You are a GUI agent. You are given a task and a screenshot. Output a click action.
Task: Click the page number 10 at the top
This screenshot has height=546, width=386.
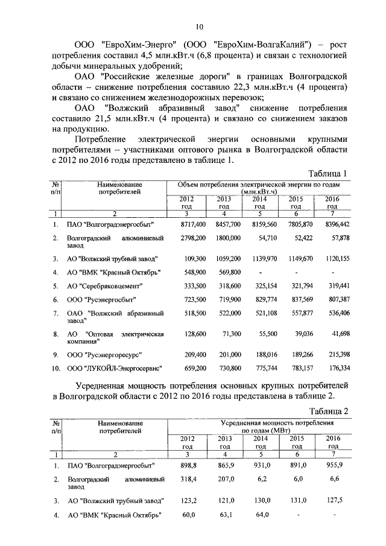tap(199, 26)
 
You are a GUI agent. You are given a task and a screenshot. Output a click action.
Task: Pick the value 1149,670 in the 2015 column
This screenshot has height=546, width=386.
tap(299, 258)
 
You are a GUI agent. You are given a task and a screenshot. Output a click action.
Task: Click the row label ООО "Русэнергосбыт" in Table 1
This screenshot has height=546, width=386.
tap(101, 299)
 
